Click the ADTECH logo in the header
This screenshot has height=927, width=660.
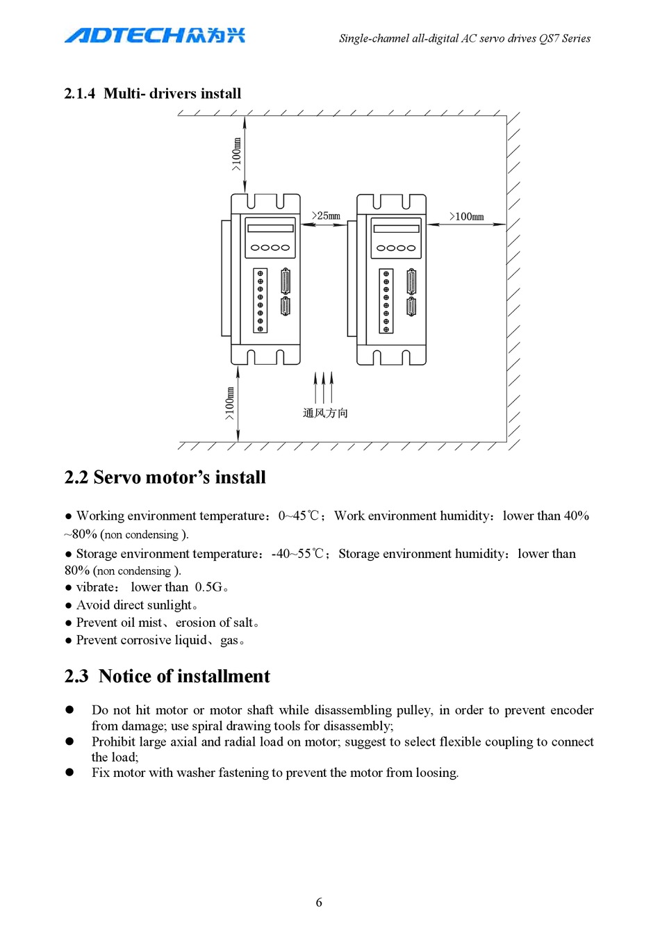pos(154,35)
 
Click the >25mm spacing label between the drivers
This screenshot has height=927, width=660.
pos(326,216)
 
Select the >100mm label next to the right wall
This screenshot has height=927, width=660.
pos(467,217)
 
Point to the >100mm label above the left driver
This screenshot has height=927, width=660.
pos(236,154)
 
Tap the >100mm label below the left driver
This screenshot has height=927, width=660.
pos(229,403)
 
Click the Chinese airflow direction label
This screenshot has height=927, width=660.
pos(325,413)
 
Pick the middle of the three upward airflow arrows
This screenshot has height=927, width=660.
pos(324,387)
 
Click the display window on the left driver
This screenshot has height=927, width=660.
pos(270,228)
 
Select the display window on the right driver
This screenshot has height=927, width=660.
pos(396,229)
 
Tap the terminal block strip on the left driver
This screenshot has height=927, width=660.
pos(261,300)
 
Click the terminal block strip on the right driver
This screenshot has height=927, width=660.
pos(386,300)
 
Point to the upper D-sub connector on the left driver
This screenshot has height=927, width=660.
pos(285,281)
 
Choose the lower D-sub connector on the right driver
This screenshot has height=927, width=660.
pos(411,306)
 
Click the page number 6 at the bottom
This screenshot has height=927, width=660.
pos(319,902)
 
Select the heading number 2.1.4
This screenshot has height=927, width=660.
pos(79,94)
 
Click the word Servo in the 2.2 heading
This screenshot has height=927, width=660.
pos(115,477)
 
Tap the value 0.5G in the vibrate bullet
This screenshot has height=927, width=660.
pos(208,587)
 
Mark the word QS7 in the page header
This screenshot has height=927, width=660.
pos(549,39)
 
